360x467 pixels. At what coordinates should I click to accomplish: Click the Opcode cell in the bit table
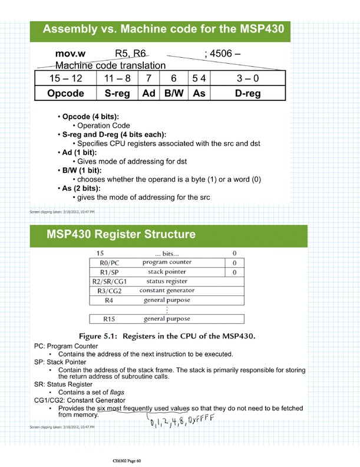click(65, 93)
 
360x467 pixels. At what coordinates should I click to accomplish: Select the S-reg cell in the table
click(117, 93)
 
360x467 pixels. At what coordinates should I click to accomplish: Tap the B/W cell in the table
click(174, 93)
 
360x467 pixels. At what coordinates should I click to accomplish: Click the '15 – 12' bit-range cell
click(65, 78)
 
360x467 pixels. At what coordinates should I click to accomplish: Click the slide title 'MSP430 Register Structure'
click(121, 235)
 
